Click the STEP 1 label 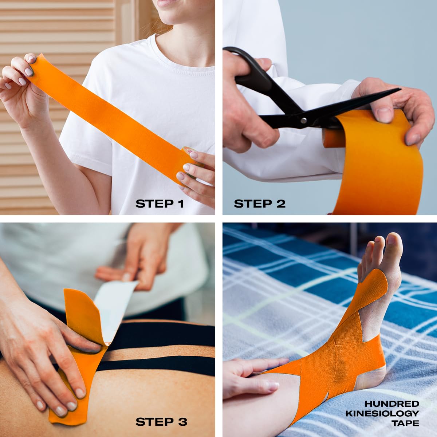(160, 204)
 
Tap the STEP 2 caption (259, 204)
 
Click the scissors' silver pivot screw (304, 121)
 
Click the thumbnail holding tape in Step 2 (383, 115)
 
